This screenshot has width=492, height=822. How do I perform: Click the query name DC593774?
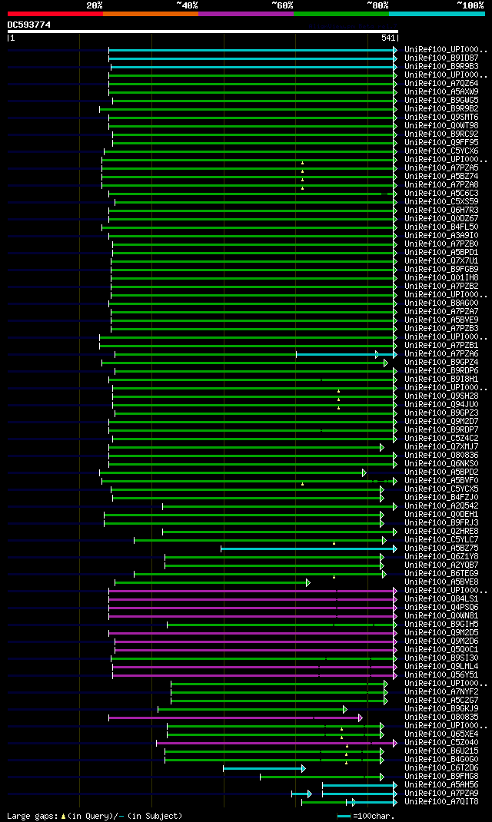[29, 25]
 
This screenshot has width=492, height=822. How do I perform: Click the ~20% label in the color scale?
[95, 5]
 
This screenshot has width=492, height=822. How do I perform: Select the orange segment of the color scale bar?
[150, 13]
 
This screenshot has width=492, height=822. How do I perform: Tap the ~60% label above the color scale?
[282, 5]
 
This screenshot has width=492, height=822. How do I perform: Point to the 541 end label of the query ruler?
[388, 38]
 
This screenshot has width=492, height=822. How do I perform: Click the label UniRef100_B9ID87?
[441, 58]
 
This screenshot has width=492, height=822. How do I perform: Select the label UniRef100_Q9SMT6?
[441, 117]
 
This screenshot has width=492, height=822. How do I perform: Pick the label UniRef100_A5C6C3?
[441, 193]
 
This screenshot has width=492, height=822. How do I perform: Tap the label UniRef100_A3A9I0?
[441, 235]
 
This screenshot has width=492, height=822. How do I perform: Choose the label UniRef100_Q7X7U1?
[441, 260]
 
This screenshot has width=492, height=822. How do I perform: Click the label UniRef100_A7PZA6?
[441, 353]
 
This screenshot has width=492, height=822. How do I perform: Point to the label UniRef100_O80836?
[441, 455]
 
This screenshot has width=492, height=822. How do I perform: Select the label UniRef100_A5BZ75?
[441, 548]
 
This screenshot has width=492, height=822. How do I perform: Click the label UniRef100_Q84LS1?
[441, 598]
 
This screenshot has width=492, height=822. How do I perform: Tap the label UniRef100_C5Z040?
[441, 742]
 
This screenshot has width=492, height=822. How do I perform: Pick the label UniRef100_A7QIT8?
[441, 801]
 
